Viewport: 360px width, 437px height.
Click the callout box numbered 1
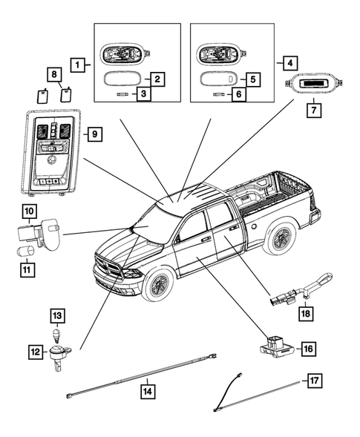tap(77, 65)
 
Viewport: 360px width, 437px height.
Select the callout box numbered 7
tap(314, 111)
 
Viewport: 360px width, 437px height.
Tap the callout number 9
tap(95, 134)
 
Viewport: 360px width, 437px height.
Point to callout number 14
tap(148, 392)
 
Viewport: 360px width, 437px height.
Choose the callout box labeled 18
tap(306, 314)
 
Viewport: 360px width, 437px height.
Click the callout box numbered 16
tap(309, 349)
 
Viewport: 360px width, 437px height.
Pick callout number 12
tap(36, 352)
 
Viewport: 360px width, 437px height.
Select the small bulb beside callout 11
tap(25, 251)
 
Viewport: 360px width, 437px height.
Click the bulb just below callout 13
tap(57, 334)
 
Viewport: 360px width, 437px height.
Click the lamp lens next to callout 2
tap(122, 79)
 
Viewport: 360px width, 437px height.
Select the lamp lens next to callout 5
tap(219, 79)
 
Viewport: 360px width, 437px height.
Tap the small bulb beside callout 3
tap(122, 95)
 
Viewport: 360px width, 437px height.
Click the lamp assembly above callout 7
tap(313, 83)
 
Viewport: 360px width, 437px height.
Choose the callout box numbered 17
tap(314, 381)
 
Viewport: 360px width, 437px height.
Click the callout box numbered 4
tap(290, 63)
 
